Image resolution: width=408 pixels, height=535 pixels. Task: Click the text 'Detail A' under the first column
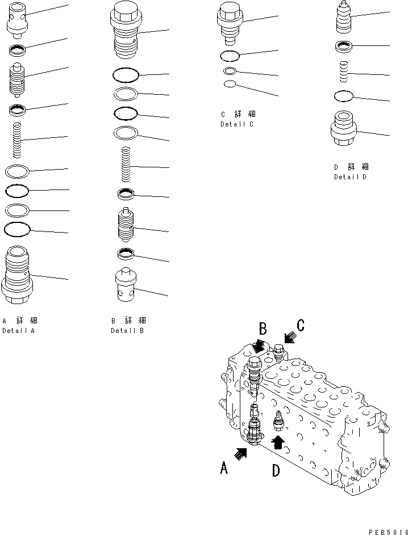(x=18, y=331)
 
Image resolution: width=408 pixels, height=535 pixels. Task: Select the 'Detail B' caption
(x=127, y=331)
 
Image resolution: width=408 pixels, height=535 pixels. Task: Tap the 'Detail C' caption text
(x=237, y=124)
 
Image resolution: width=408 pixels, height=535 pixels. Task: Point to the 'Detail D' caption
(x=350, y=177)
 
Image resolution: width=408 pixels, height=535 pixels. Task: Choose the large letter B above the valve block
(x=263, y=329)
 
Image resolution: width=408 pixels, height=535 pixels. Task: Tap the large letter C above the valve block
(x=300, y=325)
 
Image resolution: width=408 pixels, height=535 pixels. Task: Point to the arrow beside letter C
(x=289, y=338)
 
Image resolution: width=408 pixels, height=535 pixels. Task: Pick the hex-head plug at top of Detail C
(x=230, y=23)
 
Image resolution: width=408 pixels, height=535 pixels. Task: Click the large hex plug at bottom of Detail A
(x=18, y=275)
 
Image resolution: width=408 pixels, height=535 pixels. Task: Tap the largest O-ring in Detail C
(x=230, y=56)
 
